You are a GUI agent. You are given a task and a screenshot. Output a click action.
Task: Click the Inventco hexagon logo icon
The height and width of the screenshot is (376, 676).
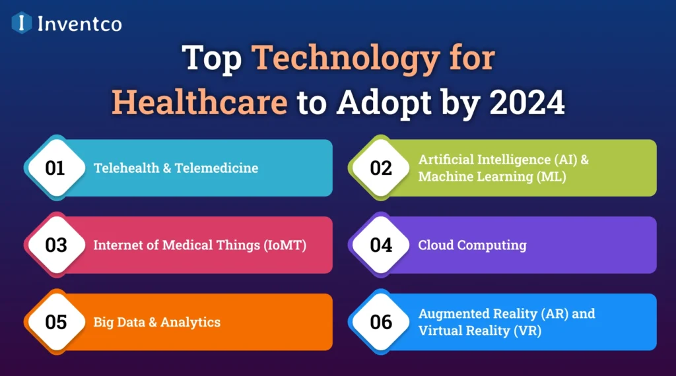coord(22,23)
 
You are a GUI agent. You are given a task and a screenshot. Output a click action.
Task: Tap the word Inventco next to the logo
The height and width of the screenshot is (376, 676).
coord(80,24)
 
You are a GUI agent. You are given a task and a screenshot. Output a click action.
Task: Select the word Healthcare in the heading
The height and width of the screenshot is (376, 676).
coord(199,102)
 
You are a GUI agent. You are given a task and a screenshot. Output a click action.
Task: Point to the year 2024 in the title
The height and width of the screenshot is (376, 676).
coord(527,102)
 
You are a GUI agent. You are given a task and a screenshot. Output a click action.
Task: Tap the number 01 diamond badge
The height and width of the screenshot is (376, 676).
coord(55,168)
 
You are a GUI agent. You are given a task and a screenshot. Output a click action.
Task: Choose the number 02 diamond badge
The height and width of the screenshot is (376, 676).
coord(381,168)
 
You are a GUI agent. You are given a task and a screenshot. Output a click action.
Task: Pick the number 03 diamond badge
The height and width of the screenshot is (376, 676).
coord(55,245)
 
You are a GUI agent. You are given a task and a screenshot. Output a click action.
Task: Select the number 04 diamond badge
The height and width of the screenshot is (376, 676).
coord(381,245)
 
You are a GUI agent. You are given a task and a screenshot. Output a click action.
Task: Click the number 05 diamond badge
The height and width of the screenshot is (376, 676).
coord(55,322)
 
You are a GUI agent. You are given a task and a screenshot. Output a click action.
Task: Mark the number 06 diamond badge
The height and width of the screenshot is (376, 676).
coord(381,322)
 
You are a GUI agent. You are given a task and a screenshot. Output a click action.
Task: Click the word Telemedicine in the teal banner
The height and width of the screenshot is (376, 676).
coord(217,168)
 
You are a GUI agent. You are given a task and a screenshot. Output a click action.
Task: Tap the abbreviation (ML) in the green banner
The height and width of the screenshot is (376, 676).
coord(551,177)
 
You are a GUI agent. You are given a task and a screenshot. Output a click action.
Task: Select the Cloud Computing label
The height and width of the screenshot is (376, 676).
coord(473,245)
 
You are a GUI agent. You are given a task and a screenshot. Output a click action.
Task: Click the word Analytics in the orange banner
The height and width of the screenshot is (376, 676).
coord(190,323)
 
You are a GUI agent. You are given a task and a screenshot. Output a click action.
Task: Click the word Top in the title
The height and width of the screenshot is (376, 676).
coord(212,59)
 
